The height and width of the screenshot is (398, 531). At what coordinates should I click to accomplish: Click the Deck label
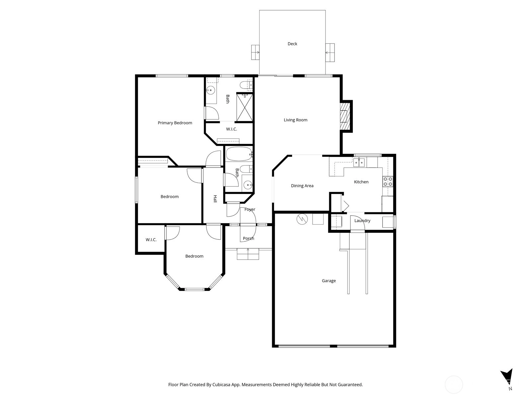coord(292,44)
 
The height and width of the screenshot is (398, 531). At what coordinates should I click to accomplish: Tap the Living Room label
coord(295,120)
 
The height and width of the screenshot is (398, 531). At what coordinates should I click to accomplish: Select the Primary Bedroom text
coord(175,123)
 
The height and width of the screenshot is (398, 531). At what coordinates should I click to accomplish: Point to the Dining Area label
coord(302,186)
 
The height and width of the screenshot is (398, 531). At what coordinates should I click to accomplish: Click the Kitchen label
coord(361,182)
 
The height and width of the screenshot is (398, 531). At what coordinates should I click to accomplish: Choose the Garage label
coord(329,281)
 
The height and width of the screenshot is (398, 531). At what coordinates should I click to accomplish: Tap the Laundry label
coord(362,221)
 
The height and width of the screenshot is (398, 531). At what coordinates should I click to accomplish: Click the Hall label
coord(215,199)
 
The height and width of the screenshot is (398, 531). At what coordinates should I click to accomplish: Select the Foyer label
coord(250,209)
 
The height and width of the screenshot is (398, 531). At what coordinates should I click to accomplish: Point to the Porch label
coord(249,238)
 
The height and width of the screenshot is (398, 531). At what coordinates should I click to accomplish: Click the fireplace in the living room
coord(345,116)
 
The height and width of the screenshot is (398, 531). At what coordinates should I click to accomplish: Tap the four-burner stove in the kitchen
coord(388,181)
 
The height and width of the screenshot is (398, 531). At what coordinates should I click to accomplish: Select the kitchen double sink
coord(359,163)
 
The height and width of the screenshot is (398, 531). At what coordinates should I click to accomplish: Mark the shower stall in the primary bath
coord(245,107)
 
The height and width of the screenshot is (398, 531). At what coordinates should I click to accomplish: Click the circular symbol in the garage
coord(302,219)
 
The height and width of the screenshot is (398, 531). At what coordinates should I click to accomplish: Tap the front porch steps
coord(248,254)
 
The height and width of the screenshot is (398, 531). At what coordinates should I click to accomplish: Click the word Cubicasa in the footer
coord(221,384)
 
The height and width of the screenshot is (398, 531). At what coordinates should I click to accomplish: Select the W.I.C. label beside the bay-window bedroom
coord(151,240)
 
